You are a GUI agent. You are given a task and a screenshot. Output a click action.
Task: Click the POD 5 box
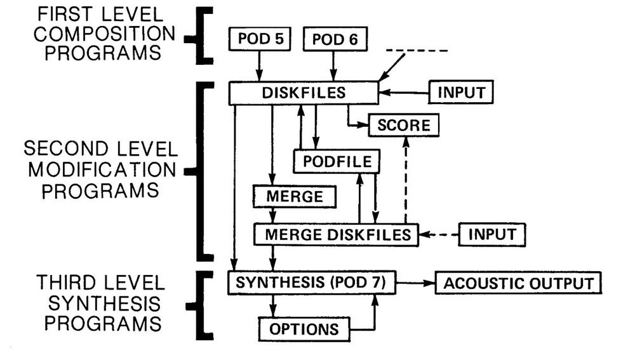[258, 39]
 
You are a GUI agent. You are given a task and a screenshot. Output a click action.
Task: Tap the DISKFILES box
[304, 93]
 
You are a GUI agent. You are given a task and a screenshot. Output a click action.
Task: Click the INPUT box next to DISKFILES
[461, 93]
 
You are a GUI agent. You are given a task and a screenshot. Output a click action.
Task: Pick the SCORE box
[404, 126]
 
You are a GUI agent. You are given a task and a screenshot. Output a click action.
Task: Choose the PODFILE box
[337, 161]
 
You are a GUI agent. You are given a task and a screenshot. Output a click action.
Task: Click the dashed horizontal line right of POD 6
[417, 50]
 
